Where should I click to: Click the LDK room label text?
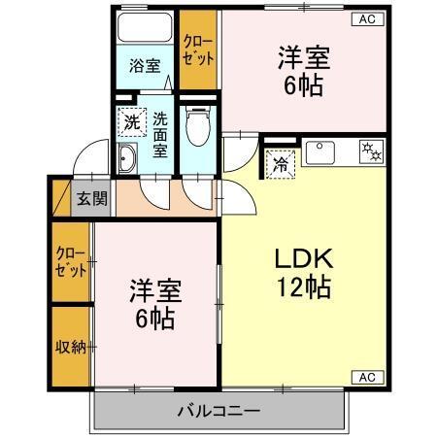(302, 259)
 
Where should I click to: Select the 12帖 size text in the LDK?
(302, 287)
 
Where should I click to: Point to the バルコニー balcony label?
(218, 411)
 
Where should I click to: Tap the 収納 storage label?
(71, 346)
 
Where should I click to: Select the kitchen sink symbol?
(319, 151)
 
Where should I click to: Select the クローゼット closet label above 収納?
(71, 262)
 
